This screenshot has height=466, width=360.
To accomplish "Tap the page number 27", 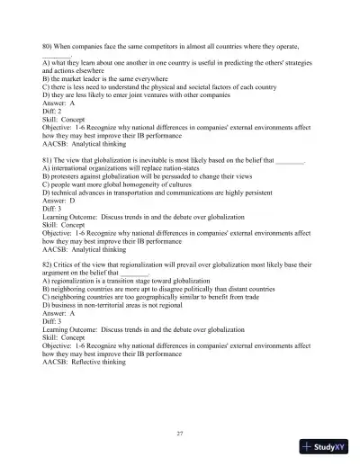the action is point(180,433).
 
